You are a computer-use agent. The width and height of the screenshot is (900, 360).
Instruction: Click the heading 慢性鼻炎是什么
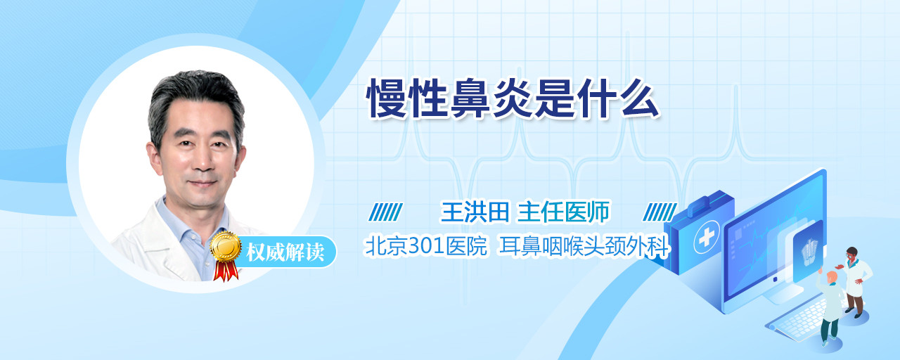point(513,98)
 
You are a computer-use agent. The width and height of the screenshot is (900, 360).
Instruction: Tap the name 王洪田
point(475,212)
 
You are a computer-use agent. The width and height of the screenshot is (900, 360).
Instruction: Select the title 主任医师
point(563,212)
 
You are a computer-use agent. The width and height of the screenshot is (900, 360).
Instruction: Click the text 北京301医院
point(426,246)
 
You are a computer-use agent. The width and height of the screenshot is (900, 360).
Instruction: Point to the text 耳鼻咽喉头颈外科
point(584,246)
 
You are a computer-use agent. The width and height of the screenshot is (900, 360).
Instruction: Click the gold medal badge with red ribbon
point(226,255)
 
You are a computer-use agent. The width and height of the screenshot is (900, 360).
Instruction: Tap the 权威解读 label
point(285,252)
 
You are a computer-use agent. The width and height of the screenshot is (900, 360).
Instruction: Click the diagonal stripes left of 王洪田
point(385,212)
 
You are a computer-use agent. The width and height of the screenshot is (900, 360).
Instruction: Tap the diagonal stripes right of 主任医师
point(660,212)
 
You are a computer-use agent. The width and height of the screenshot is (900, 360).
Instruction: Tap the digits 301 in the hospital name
point(426,246)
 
